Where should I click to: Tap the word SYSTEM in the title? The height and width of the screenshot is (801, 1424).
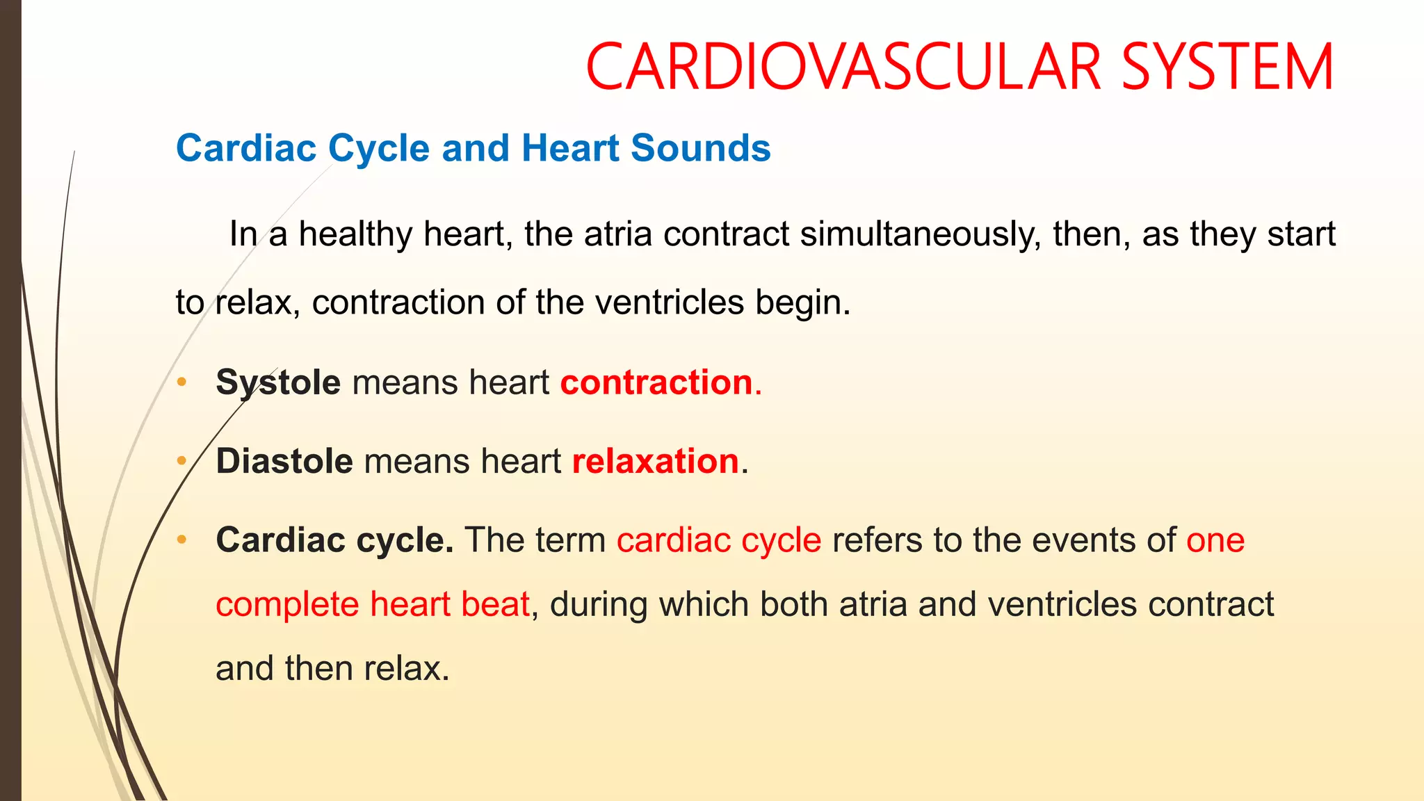coord(1228,67)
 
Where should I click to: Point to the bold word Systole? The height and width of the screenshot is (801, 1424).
coord(278,382)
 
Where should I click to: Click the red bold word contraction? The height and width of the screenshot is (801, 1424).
coord(656,382)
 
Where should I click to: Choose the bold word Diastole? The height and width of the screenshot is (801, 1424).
coord(284,461)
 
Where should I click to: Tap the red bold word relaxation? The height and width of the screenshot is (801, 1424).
coord(655,461)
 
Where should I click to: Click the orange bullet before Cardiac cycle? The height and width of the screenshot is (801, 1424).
coord(182,540)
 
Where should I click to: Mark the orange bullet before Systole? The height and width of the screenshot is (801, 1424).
coord(182,382)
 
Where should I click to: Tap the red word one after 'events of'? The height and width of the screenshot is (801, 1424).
coord(1215,540)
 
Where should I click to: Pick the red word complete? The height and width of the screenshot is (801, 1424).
coord(287,604)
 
